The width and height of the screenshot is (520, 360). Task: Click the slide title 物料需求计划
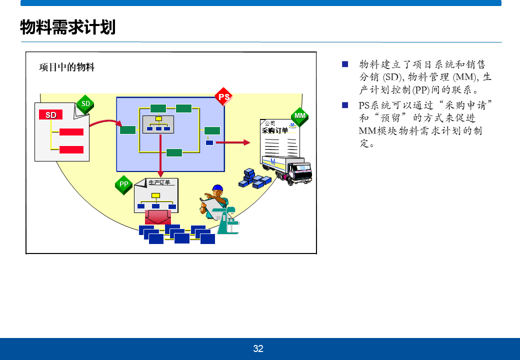(x=67, y=27)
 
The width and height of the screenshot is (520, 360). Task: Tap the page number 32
(x=258, y=349)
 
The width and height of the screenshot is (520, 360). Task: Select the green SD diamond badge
(x=85, y=104)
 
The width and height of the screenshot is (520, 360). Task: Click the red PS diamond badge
(x=224, y=97)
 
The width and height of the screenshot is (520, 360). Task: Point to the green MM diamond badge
(x=300, y=116)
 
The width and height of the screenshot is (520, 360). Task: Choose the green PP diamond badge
(x=124, y=184)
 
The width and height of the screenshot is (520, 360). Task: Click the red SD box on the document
(x=51, y=115)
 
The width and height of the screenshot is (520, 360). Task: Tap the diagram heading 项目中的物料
(x=67, y=67)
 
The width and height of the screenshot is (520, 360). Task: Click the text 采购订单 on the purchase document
(x=274, y=131)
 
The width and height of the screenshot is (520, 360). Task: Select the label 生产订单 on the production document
(x=159, y=182)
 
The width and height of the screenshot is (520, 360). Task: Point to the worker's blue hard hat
(x=217, y=189)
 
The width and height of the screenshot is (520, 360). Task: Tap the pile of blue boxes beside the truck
(x=254, y=178)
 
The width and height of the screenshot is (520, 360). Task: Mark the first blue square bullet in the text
(x=344, y=64)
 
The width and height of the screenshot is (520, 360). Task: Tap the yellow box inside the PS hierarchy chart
(x=158, y=118)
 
